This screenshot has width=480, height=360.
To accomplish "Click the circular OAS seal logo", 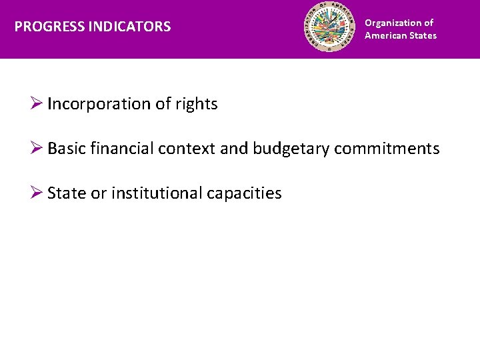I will tap(331, 27).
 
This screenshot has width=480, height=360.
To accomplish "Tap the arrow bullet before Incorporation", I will tap(38, 104).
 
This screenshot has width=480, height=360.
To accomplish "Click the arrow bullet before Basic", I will tap(38, 149).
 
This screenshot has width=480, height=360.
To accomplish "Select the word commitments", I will tap(387, 149).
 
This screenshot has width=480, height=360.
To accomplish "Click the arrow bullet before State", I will tap(38, 193).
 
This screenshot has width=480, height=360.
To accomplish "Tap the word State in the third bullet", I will tap(65, 193).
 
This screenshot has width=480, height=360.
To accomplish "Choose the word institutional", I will tap(156, 193).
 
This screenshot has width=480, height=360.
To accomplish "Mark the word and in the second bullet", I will tap(233, 149).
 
